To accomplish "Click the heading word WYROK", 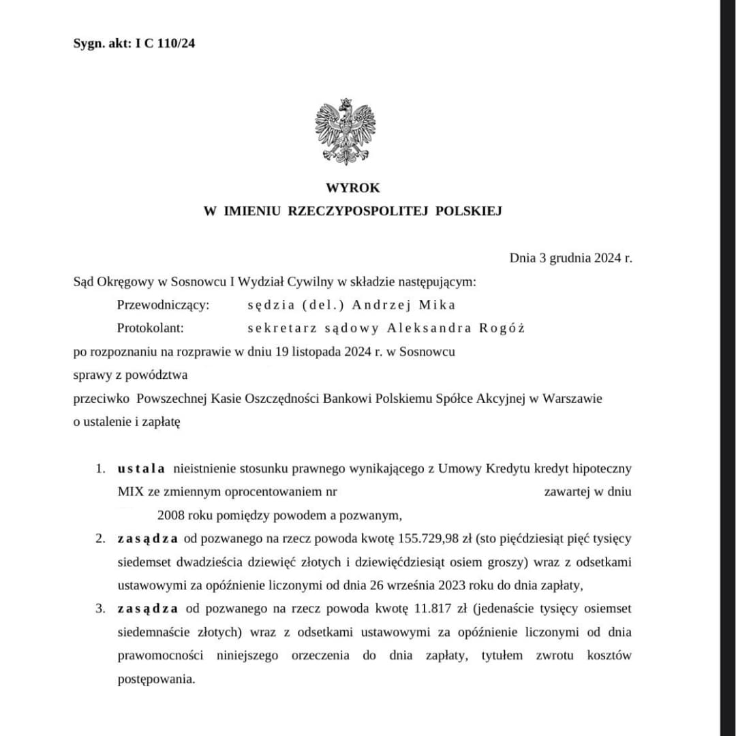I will pos(352,188).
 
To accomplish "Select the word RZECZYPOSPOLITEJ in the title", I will pos(358,211).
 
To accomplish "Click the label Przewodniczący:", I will pos(163,305).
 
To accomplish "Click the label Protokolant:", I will pos(151,328).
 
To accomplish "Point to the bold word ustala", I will pos(141,468).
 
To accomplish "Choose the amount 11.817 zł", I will pos(438,609).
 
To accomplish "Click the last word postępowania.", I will pos(156,679).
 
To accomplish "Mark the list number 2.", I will pos(100,538).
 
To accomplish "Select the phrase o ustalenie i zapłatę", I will pos(127,422).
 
